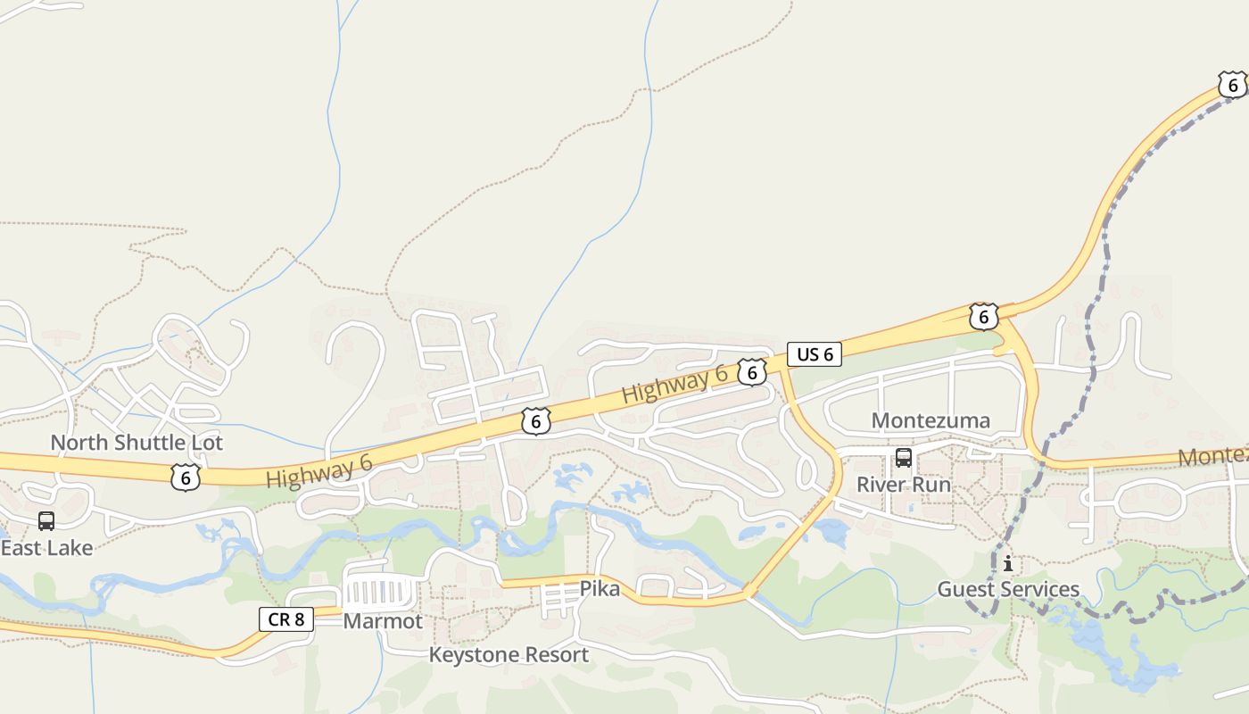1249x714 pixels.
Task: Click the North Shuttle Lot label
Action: click(x=136, y=443)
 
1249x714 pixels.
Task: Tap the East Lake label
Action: click(x=46, y=548)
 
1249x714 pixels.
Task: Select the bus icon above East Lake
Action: click(x=46, y=521)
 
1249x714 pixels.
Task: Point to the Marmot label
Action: click(x=383, y=621)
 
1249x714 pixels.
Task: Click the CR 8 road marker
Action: click(x=286, y=619)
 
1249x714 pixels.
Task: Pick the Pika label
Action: click(x=600, y=589)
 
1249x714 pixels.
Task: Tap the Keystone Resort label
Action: click(x=509, y=655)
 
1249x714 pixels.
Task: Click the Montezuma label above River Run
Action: click(x=931, y=420)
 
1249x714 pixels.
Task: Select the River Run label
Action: click(x=904, y=485)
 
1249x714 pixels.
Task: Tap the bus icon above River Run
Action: click(x=904, y=459)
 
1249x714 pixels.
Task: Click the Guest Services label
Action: click(x=1008, y=589)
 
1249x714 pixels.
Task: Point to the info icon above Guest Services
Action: click(x=1008, y=564)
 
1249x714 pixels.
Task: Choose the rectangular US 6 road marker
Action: click(x=815, y=354)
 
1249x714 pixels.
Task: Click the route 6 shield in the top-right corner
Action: click(x=1233, y=86)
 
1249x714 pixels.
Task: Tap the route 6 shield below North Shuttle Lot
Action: click(x=185, y=477)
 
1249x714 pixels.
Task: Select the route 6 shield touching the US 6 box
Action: click(x=752, y=373)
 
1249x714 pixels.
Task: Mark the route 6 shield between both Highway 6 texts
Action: click(x=535, y=421)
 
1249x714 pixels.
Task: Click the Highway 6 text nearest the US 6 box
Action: click(x=674, y=384)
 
